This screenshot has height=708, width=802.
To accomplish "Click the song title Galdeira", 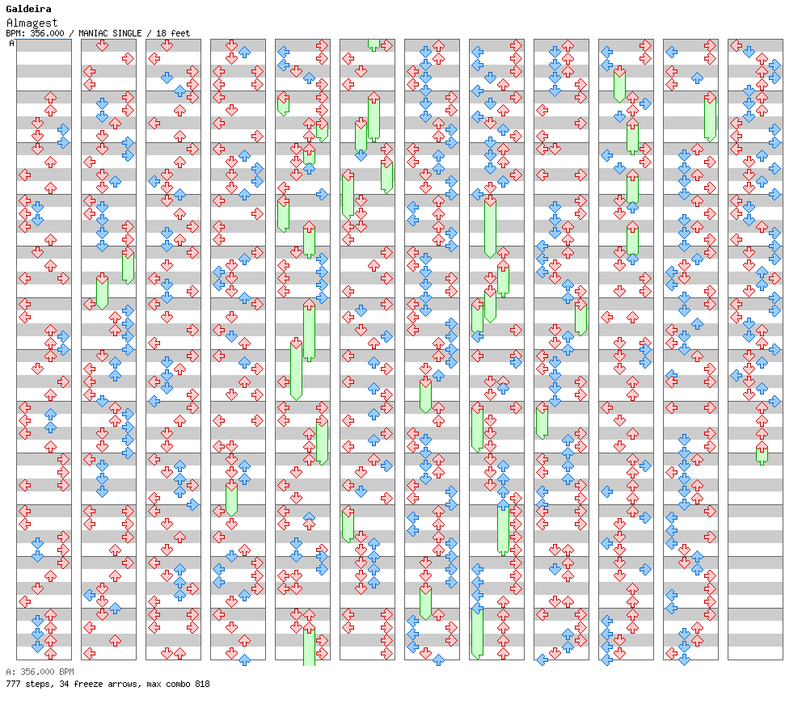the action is click(x=28, y=9).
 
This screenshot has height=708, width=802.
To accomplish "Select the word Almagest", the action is click(x=32, y=23).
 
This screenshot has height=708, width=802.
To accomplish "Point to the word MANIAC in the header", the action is click(x=92, y=33).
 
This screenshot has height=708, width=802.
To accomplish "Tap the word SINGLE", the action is click(x=126, y=33).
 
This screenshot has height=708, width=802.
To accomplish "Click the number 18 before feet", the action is click(x=161, y=33).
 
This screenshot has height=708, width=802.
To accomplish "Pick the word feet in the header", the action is click(x=180, y=33).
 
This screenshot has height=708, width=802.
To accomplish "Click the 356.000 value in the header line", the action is click(x=47, y=33).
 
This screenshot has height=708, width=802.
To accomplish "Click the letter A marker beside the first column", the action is click(x=12, y=44).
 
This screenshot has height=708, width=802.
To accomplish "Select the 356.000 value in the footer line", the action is click(x=37, y=672).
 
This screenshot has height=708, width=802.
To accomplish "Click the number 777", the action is click(x=13, y=684).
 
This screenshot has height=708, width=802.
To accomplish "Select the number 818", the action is click(x=202, y=684).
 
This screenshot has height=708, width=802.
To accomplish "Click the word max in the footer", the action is click(x=154, y=684).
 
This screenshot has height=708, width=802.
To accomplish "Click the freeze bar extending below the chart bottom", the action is click(x=309, y=647).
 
